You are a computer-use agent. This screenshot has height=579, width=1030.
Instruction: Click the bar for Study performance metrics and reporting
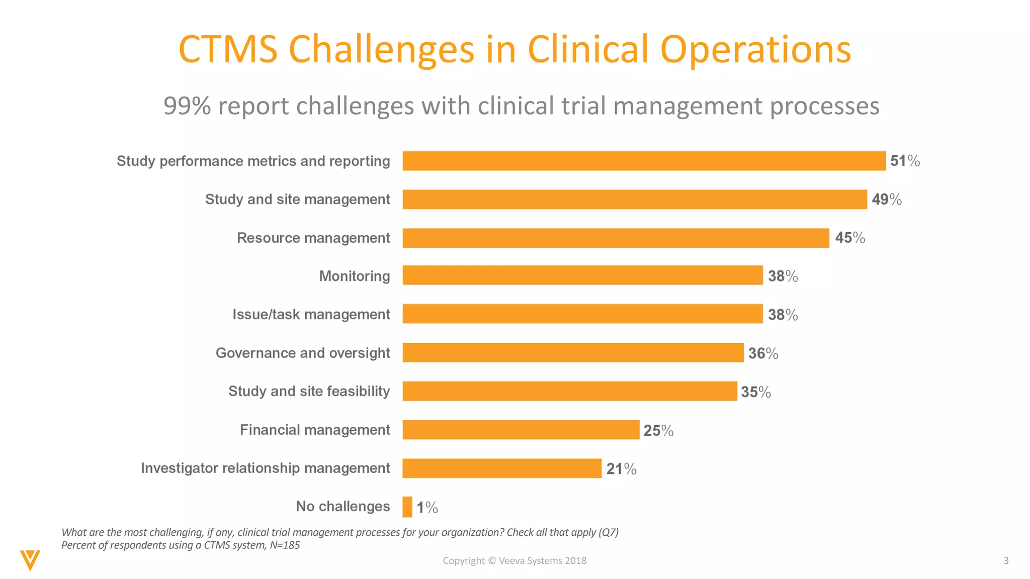click(x=644, y=161)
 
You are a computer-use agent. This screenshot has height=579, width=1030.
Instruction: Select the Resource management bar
click(x=616, y=238)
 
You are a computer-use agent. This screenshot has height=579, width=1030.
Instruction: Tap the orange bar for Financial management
click(x=521, y=430)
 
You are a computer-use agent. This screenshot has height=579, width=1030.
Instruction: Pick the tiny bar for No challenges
click(x=407, y=507)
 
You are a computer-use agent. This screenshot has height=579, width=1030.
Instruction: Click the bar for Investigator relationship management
click(x=501, y=468)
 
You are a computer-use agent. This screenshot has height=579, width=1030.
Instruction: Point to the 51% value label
click(x=905, y=161)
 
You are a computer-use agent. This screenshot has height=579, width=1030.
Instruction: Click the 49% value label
click(x=886, y=200)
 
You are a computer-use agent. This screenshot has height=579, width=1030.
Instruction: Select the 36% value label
click(x=762, y=353)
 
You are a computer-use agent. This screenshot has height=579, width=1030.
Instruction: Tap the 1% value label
click(x=427, y=507)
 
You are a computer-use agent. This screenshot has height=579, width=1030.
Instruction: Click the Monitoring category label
click(x=354, y=276)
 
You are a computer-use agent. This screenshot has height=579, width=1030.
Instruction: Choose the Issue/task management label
click(x=311, y=315)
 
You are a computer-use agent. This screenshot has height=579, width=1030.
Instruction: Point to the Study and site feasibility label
click(x=309, y=391)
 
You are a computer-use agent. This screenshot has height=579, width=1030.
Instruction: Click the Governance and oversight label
click(x=303, y=353)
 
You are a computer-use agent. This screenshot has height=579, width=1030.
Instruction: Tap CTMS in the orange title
click(x=228, y=49)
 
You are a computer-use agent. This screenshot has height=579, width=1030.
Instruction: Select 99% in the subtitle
click(x=187, y=106)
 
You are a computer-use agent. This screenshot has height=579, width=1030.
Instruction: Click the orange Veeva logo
click(x=30, y=560)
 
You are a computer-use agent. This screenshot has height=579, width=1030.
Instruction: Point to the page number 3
click(x=1006, y=560)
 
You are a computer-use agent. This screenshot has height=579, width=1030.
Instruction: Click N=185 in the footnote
click(x=285, y=545)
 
